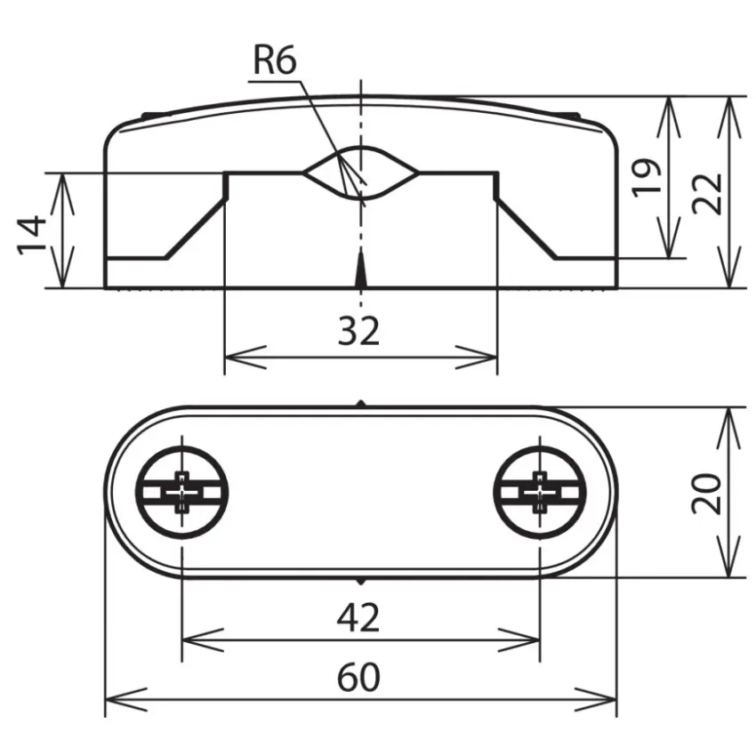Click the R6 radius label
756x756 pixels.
275,60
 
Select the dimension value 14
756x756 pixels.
32,236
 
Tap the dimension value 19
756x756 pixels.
647,177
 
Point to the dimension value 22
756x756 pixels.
707,193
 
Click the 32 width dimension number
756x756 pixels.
358,331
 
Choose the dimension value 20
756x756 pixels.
706,494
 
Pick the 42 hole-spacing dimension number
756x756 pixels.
358,618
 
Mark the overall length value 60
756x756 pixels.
358,678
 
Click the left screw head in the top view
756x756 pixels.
181,492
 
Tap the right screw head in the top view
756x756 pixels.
540,492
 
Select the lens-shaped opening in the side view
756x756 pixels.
360,173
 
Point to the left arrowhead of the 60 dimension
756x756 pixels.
125,699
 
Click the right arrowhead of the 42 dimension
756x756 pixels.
519,640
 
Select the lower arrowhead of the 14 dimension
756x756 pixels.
62,267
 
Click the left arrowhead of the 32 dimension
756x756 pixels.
245,358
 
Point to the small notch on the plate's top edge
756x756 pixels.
360,404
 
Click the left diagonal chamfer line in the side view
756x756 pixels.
196,229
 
